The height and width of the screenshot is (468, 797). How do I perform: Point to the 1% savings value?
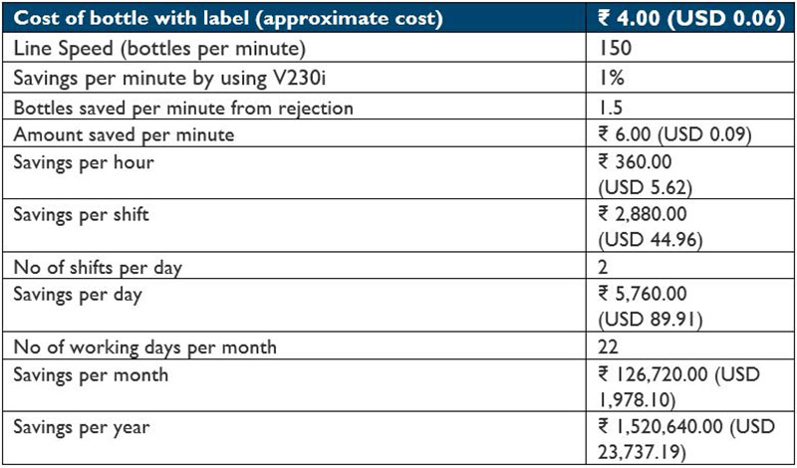coord(611,77)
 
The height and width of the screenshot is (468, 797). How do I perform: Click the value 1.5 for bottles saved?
coord(609,106)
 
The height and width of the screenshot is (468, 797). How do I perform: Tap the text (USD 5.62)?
coord(642,185)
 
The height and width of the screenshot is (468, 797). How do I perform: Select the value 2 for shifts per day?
coord(604,266)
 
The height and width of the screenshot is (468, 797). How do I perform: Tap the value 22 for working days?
coord(609,347)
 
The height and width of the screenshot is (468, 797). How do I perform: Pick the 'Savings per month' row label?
coord(90,375)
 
